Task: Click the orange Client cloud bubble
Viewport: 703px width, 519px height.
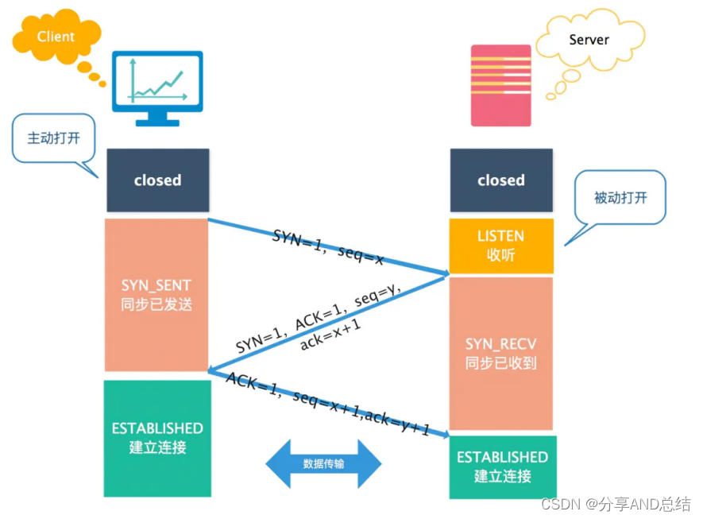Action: [x=56, y=37]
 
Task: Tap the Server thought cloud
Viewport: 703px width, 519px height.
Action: [x=589, y=40]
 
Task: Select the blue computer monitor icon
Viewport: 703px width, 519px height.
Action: [x=157, y=86]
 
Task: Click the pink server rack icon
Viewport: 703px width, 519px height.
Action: [x=500, y=85]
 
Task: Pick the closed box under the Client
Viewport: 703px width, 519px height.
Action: [x=157, y=180]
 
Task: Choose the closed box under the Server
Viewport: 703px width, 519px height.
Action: [x=500, y=180]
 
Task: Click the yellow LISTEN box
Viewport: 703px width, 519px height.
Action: [x=500, y=245]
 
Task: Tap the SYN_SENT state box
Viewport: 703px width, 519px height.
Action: [x=156, y=294]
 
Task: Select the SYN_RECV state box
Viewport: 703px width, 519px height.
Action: [x=500, y=354]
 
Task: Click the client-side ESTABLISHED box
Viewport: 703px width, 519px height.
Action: [x=157, y=438]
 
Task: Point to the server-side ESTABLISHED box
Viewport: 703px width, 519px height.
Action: [x=502, y=467]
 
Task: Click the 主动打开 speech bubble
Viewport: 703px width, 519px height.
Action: [x=54, y=138]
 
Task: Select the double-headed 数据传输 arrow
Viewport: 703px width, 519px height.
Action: [x=323, y=463]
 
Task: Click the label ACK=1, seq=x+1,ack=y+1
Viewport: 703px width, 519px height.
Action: [x=327, y=404]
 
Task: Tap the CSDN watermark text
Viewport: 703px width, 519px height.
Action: [x=615, y=504]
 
